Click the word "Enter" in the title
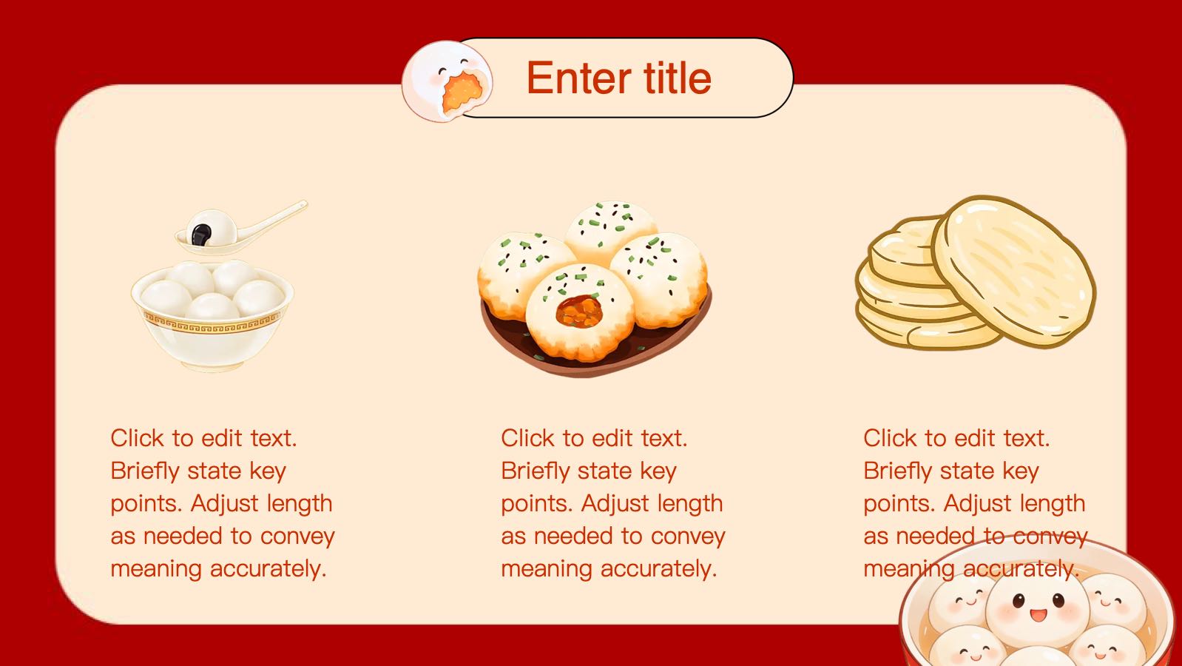(x=579, y=78)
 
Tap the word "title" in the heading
(x=678, y=78)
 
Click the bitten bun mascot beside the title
(x=447, y=81)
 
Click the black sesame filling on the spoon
(x=200, y=235)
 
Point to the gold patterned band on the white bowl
(x=212, y=323)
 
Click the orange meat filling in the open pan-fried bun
(x=579, y=312)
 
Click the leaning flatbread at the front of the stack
(x=1013, y=272)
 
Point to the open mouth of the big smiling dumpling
(x=1039, y=615)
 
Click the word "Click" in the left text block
(x=137, y=438)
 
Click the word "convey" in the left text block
(x=297, y=537)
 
